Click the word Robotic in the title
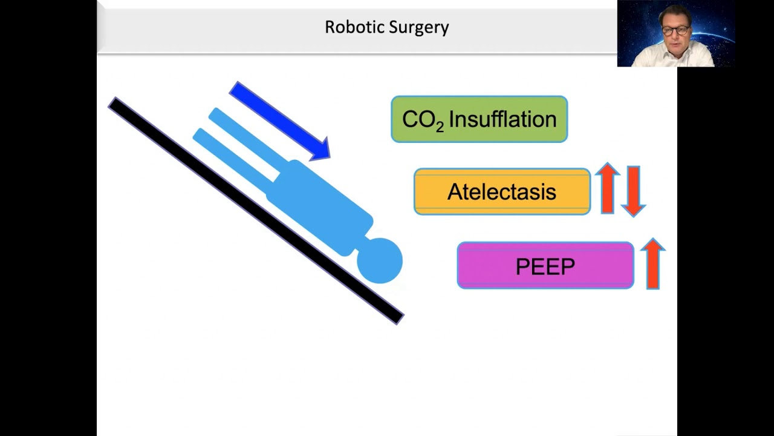pos(348,27)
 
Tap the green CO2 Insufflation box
pos(479,119)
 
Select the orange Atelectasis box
pos(502,192)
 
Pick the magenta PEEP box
pos(545,266)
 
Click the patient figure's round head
pos(380,260)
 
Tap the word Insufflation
pos(502,119)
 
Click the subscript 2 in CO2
pos(440,126)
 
